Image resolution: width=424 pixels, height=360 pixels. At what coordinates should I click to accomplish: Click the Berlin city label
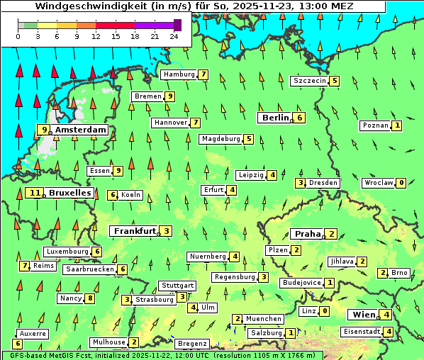pos(275,118)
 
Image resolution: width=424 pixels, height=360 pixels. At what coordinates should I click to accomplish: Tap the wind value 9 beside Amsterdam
pos(44,130)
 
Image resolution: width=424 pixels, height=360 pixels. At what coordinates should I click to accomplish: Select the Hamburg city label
pos(179,74)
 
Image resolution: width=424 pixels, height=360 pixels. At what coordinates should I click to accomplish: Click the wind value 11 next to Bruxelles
pos(34,193)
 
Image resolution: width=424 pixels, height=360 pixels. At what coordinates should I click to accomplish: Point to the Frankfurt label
pos(134,231)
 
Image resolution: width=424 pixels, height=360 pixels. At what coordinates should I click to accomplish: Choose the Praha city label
pos(307,234)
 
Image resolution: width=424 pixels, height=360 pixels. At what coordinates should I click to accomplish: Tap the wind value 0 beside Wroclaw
pos(401,183)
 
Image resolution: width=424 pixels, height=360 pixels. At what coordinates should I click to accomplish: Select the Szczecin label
pos(310,81)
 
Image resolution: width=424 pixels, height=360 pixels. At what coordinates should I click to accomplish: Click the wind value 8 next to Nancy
pos(89,298)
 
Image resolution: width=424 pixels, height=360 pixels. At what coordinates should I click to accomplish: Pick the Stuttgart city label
pos(177,286)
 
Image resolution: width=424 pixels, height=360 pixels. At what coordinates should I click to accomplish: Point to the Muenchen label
pos(264,319)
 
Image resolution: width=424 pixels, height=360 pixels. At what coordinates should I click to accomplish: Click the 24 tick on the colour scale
pos(173,35)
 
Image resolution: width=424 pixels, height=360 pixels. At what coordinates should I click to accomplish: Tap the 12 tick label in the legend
pos(96,35)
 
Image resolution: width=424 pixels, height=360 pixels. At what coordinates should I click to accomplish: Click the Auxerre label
pos(33,333)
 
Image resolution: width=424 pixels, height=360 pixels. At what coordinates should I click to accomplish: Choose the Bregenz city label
pos(192,344)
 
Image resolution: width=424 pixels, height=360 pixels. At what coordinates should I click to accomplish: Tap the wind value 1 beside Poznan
pos(397,125)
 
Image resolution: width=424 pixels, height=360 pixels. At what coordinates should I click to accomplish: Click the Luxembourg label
pos(67,252)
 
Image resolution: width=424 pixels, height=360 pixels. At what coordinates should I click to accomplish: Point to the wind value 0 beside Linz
pos(325,311)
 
